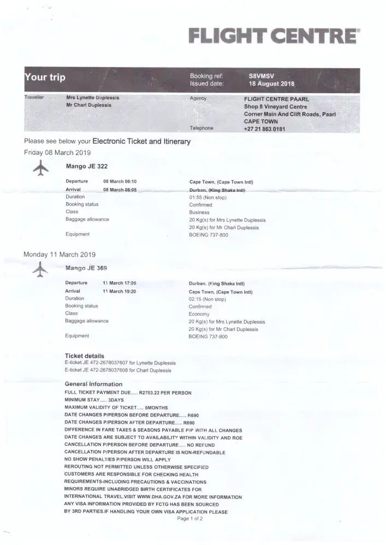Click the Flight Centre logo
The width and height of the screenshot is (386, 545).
[274, 37]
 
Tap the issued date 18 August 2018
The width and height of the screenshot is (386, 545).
[271, 84]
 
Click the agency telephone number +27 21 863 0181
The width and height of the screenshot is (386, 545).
[265, 129]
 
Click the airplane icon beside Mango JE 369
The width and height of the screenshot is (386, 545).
[40, 269]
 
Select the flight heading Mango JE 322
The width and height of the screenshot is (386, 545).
[82, 166]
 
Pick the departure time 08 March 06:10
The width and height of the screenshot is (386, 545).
[120, 181]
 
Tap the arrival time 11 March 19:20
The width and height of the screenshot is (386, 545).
[119, 291]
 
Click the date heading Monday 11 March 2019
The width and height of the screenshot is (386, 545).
[60, 255]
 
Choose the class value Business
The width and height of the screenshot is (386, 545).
[199, 212]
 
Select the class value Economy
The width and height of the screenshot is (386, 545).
[200, 314]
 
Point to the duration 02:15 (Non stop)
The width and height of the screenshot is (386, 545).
[207, 299]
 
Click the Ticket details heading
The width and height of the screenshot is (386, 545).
[84, 356]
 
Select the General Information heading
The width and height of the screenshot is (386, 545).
[93, 384]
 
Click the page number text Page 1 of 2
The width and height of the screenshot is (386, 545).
[190, 519]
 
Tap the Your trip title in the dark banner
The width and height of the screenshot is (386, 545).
[45, 77]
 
